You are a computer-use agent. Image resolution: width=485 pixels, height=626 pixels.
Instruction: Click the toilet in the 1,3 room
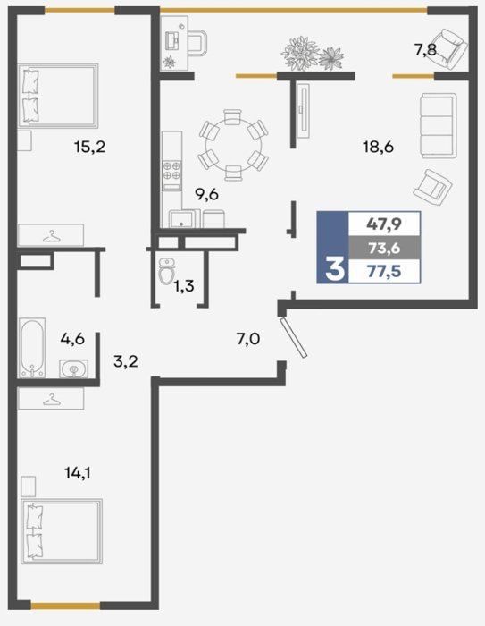(166, 271)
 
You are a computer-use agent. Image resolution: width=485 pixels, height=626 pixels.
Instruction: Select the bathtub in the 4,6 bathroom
(32, 347)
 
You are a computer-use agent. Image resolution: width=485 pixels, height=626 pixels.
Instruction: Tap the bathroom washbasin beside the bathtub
(74, 368)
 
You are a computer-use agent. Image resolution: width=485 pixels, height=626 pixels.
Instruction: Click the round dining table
(233, 145)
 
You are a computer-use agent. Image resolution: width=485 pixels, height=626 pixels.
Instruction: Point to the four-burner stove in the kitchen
(171, 171)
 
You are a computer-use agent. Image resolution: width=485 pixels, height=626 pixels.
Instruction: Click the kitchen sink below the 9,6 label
(181, 219)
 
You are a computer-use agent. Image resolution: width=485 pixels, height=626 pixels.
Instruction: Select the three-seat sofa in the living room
(439, 125)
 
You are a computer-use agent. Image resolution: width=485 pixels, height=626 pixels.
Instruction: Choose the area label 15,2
(89, 147)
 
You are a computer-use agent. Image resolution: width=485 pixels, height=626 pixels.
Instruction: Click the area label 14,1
(78, 473)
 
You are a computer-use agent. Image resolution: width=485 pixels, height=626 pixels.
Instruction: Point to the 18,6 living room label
(378, 147)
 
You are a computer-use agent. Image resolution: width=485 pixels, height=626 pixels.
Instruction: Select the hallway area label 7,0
(248, 339)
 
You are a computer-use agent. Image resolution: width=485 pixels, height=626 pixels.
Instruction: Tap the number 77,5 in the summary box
(384, 272)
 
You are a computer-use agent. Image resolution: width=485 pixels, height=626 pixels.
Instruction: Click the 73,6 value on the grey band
(384, 248)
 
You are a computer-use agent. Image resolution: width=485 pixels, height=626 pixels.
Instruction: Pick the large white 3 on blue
(334, 268)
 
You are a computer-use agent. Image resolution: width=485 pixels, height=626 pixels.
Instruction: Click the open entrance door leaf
(294, 337)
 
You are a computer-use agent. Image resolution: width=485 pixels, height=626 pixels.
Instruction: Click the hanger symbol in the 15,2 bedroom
(52, 236)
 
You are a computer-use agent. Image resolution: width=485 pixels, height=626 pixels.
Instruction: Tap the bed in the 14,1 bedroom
(62, 531)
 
